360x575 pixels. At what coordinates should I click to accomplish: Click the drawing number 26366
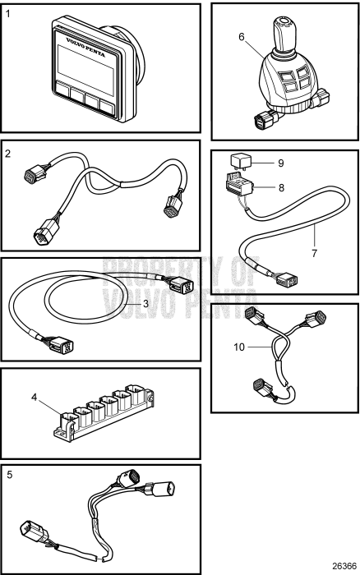(x=340, y=566)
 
